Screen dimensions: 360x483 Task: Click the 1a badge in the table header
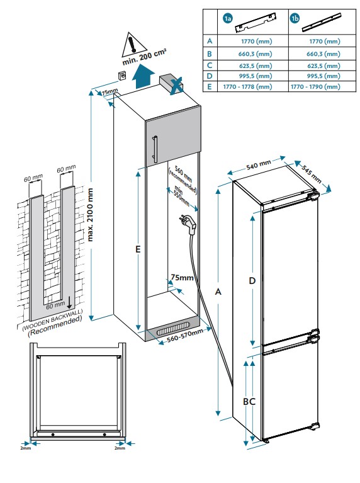(228, 18)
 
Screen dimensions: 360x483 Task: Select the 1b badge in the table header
(295, 18)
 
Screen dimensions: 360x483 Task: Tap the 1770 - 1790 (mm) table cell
(315, 87)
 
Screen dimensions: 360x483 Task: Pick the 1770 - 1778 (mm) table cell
(247, 87)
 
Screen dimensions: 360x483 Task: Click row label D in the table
(210, 76)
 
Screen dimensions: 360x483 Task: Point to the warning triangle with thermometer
(134, 45)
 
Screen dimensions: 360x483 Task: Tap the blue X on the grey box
(177, 85)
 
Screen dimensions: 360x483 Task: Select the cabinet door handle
(155, 149)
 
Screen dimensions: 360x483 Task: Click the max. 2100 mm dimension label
(90, 214)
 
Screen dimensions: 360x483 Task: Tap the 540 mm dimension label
(259, 165)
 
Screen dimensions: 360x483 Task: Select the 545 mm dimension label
(311, 174)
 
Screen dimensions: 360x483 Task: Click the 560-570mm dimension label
(185, 336)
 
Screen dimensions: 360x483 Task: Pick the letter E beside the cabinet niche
(138, 249)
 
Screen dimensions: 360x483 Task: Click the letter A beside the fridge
(218, 292)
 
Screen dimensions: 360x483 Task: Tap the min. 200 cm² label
(144, 57)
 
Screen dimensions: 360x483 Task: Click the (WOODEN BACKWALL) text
(53, 320)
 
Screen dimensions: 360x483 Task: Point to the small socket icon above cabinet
(123, 76)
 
